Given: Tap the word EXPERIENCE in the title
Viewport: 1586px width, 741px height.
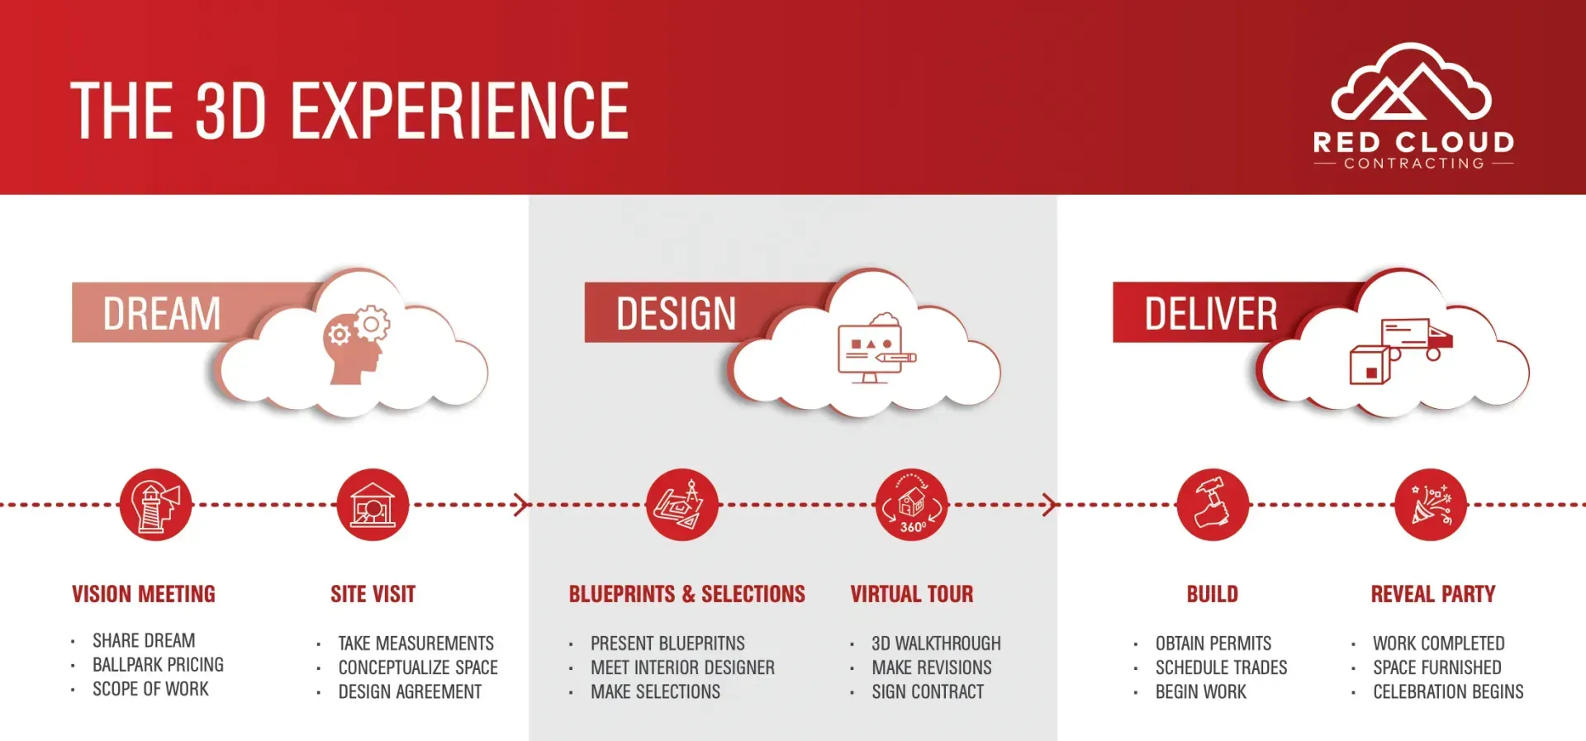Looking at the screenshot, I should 459,112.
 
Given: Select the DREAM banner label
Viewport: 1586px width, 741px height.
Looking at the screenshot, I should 162,314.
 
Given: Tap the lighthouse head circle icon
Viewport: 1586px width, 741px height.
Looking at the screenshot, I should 155,505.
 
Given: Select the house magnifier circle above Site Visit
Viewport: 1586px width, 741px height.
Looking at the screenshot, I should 373,505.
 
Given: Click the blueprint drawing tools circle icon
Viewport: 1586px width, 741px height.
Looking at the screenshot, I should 681,505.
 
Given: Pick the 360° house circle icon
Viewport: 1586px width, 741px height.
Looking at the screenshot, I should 911,505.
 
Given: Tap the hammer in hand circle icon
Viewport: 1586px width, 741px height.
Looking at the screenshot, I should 1212,505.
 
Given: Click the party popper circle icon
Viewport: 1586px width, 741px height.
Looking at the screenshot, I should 1430,505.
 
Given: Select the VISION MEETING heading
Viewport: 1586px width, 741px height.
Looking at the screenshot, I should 144,594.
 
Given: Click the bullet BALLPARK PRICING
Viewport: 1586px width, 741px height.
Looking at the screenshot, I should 158,665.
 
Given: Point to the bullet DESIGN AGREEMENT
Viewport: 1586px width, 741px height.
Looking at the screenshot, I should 410,692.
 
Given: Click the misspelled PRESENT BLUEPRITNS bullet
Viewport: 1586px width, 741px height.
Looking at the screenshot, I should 667,644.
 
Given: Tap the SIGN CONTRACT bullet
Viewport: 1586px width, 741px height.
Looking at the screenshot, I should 928,692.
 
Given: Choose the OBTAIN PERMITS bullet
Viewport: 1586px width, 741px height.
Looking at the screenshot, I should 1213,644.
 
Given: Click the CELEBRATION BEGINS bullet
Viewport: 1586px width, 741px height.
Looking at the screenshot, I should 1447,692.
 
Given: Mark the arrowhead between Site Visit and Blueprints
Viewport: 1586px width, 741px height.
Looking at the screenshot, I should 520,505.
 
